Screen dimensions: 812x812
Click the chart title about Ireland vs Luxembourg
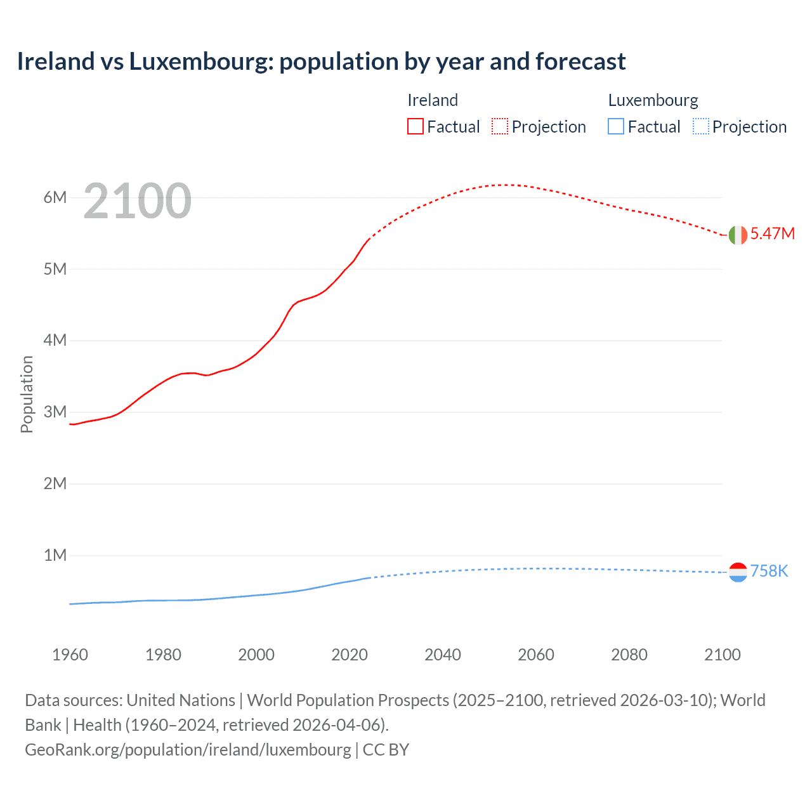click(321, 62)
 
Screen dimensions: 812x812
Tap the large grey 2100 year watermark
click(137, 201)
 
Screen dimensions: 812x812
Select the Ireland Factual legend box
click(415, 127)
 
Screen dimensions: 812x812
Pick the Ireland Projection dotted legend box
click(500, 127)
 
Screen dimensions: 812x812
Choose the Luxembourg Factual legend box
click(616, 127)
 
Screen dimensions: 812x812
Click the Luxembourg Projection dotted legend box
click(701, 127)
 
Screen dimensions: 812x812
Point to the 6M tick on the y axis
click(55, 197)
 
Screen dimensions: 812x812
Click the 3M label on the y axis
click(55, 412)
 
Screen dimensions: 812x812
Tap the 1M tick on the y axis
click(55, 555)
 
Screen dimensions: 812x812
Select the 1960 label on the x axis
click(70, 655)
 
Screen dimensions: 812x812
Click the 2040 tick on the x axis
click(443, 655)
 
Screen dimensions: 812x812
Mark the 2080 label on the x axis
click(629, 655)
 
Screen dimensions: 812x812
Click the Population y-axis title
click(27, 394)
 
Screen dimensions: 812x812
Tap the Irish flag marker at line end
click(738, 235)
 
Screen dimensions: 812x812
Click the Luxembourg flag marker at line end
click(738, 572)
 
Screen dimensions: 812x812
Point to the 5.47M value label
click(772, 233)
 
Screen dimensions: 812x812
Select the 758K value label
click(769, 571)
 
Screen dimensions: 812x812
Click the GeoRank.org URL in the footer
click(188, 749)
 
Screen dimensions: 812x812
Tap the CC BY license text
click(386, 749)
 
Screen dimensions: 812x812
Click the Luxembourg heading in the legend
click(653, 100)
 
